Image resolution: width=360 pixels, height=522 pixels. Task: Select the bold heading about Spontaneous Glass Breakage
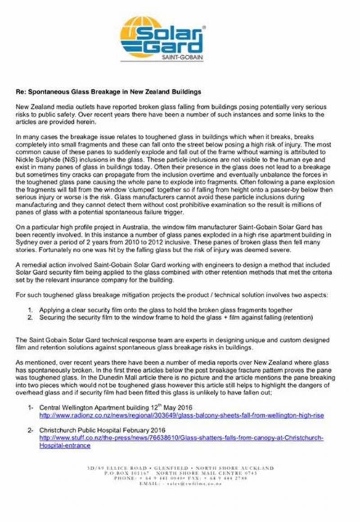pyautogui.click(x=108, y=92)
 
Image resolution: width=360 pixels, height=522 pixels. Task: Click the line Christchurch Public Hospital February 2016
pyautogui.click(x=103, y=430)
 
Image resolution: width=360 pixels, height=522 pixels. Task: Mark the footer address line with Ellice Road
pyautogui.click(x=180, y=468)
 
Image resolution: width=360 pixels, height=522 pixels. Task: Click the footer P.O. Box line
pyautogui.click(x=180, y=473)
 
